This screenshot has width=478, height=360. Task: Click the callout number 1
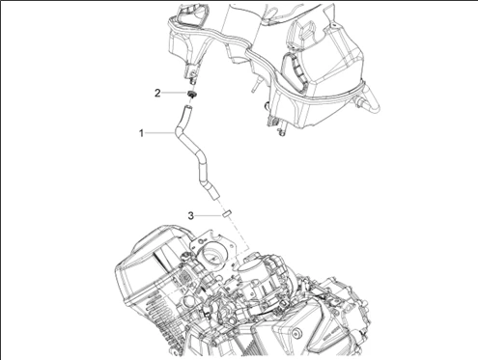point(141,133)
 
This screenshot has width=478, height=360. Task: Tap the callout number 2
point(157,94)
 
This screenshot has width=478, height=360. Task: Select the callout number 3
point(191,215)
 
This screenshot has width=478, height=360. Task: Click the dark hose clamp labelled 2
point(192,95)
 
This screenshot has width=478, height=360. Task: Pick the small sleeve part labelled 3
point(227,213)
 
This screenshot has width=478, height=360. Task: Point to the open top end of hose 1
point(187,107)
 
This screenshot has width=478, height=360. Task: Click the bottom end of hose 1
point(214,195)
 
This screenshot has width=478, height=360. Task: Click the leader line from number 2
point(175,93)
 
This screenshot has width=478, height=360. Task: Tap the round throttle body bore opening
point(212,253)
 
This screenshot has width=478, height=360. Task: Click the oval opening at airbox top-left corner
point(191,17)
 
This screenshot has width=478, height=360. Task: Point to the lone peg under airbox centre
point(256,84)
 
